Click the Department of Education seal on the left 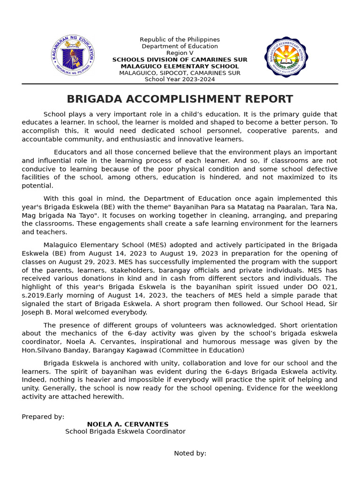click(x=73, y=56)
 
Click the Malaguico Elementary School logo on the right click(x=286, y=57)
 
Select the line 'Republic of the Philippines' click(x=180, y=40)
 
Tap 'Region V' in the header click(x=180, y=53)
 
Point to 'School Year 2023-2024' click(x=180, y=79)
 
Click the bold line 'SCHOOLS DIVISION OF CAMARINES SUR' click(x=180, y=60)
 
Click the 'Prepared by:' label click(x=43, y=417)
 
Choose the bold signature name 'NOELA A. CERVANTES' click(x=127, y=424)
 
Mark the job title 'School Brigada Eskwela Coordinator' click(x=125, y=432)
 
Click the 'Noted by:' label click(x=190, y=453)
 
